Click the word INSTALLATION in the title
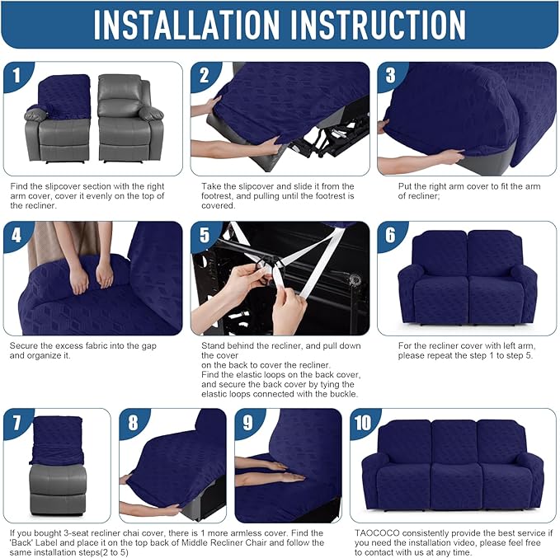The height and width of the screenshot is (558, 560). (194, 25)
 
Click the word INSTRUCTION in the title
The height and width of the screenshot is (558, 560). (383, 25)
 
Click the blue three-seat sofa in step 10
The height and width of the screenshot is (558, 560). (453, 465)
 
